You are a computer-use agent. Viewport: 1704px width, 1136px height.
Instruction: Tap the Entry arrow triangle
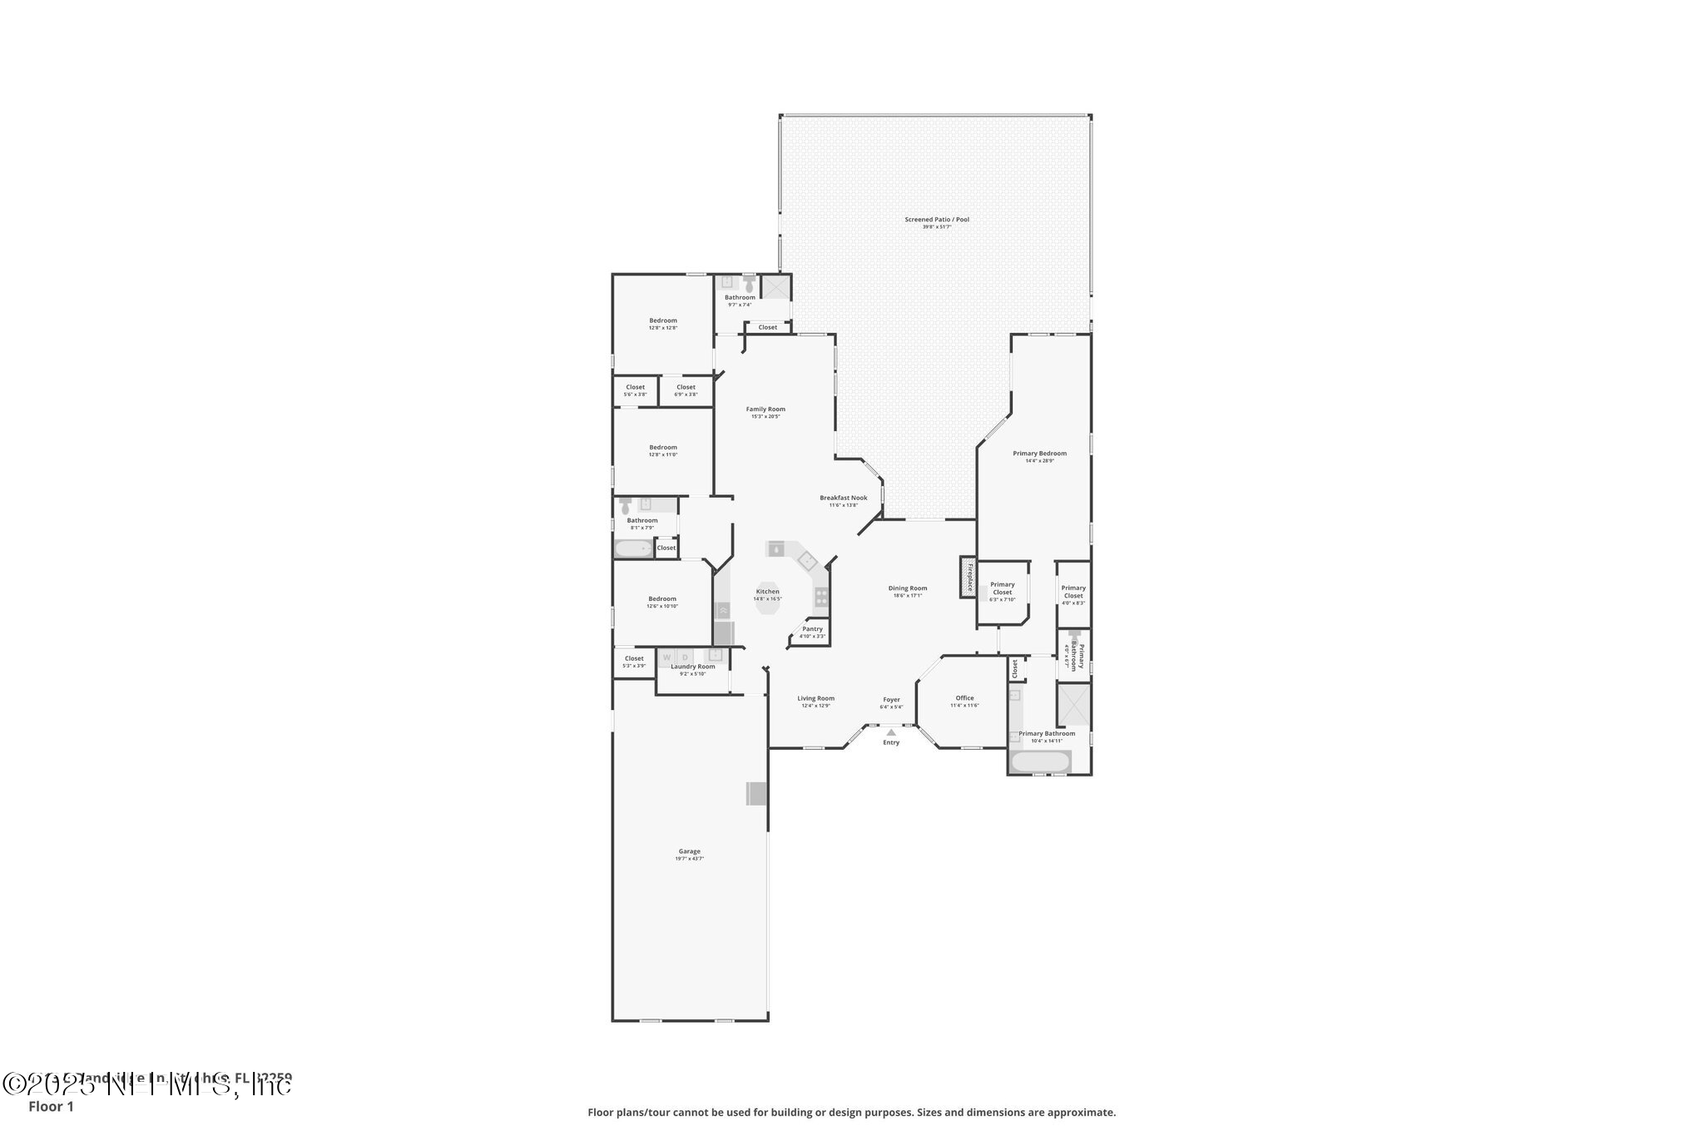click(x=891, y=732)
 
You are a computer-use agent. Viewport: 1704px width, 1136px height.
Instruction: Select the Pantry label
click(x=812, y=629)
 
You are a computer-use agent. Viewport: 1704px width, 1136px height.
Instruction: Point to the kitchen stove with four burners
click(x=821, y=596)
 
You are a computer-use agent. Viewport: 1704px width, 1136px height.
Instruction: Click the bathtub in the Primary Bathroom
click(x=1040, y=761)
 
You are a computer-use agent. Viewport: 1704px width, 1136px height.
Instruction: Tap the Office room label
click(x=964, y=698)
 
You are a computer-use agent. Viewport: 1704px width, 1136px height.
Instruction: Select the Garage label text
click(x=689, y=851)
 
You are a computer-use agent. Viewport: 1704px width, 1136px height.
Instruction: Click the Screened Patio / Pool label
click(x=937, y=220)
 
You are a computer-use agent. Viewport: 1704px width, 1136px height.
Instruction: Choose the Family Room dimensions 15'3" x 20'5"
click(x=765, y=417)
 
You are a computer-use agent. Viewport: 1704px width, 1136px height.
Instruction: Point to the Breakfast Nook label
click(x=843, y=498)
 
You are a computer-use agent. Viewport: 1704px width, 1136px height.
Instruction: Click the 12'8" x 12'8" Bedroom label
click(x=663, y=320)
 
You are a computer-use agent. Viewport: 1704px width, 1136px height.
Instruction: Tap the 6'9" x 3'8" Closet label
click(x=686, y=387)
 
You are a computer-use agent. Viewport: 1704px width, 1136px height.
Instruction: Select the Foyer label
click(x=891, y=700)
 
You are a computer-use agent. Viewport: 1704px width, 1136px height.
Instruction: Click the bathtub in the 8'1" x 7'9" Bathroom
click(x=634, y=548)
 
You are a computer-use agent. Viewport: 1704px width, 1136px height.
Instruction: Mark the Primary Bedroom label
click(x=1039, y=454)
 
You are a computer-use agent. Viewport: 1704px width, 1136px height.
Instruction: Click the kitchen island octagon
click(x=767, y=598)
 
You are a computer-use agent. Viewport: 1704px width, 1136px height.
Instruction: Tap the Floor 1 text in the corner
click(x=51, y=1107)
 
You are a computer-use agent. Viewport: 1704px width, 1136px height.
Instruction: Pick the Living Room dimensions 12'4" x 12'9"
click(x=815, y=706)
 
